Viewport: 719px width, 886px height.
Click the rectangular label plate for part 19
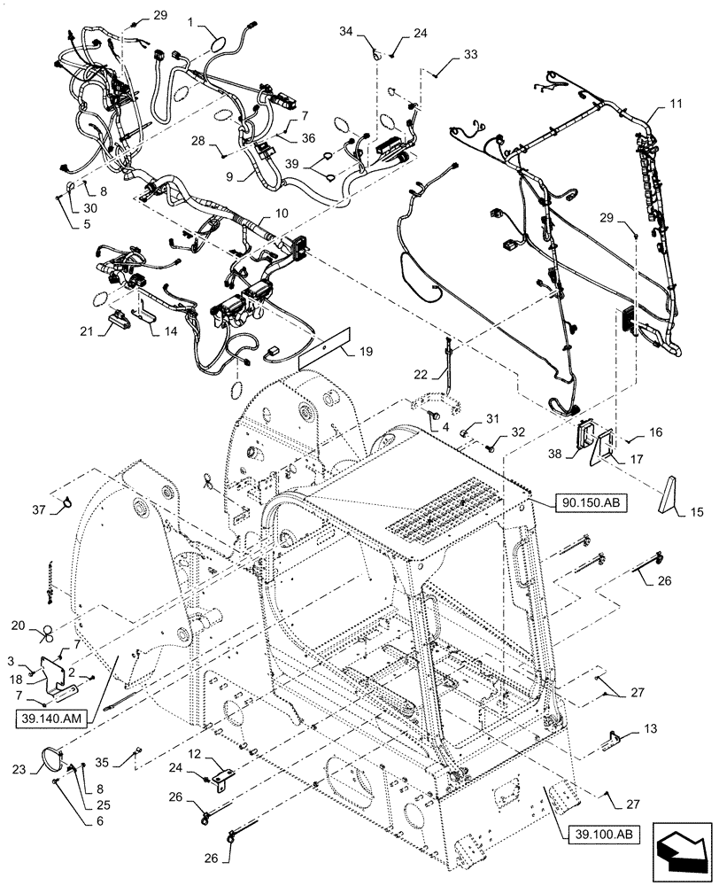325,346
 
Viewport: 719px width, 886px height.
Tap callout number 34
348,32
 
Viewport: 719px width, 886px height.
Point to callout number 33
469,55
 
